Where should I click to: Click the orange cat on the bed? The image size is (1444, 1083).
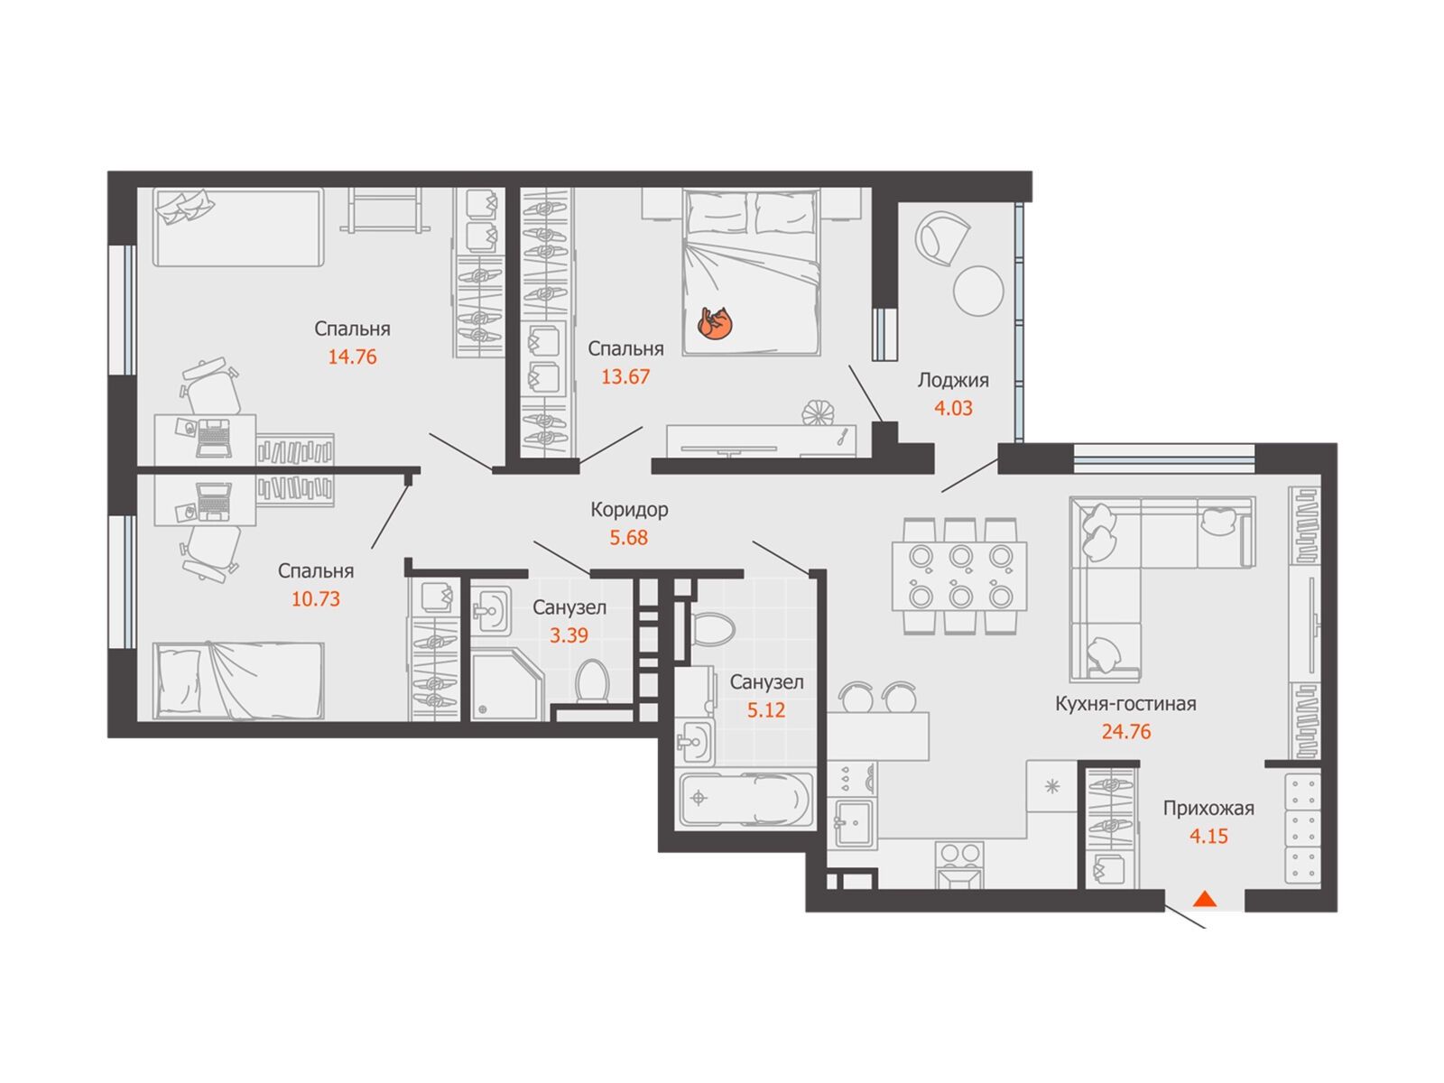point(715,324)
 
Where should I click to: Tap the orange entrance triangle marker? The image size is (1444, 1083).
point(1205,898)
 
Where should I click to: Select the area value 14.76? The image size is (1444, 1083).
point(352,357)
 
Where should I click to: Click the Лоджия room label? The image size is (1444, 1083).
point(953,380)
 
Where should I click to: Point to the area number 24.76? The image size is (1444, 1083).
point(1126,732)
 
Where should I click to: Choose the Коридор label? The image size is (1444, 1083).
point(629,510)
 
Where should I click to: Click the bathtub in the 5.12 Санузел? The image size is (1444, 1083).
point(745,799)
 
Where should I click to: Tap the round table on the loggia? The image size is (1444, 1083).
point(978,291)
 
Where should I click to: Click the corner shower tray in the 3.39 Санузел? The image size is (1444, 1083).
point(506,684)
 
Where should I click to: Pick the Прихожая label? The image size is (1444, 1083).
point(1208,808)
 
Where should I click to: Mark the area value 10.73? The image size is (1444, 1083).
point(316,599)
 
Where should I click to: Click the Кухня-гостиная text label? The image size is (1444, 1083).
point(1125,704)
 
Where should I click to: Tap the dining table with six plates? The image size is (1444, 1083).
point(959,576)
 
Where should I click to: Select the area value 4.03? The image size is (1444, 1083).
point(953,408)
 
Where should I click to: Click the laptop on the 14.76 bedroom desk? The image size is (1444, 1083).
point(215,436)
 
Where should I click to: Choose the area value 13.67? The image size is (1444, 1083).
point(625,376)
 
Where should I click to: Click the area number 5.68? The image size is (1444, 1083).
point(629,538)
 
